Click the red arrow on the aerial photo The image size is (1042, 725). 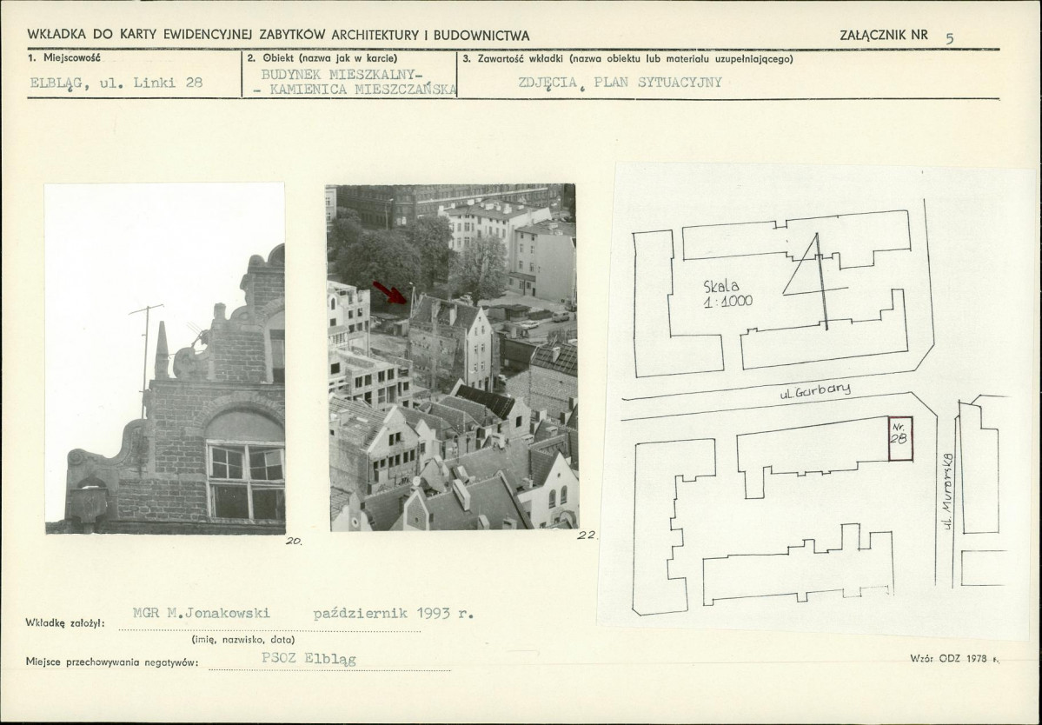pyautogui.click(x=390, y=292)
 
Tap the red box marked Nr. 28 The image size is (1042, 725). pyautogui.click(x=900, y=439)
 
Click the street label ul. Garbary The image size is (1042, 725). pyautogui.click(x=815, y=390)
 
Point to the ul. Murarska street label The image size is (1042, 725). pyautogui.click(x=947, y=491)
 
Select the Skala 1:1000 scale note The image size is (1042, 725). pyautogui.click(x=727, y=293)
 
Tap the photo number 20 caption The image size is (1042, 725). pyautogui.click(x=294, y=541)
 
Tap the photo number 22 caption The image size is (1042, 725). pyautogui.click(x=587, y=535)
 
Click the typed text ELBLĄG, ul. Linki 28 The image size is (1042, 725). pyautogui.click(x=116, y=83)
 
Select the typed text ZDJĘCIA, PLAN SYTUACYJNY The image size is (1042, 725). pyautogui.click(x=620, y=83)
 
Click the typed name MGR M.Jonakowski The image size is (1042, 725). pyautogui.click(x=202, y=613)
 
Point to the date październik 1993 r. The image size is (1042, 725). pyautogui.click(x=394, y=614)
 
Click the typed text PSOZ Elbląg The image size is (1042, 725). pyautogui.click(x=309, y=659)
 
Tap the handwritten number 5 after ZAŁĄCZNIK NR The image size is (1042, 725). pyautogui.click(x=950, y=38)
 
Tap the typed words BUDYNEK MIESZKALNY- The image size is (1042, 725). pyautogui.click(x=338, y=74)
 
